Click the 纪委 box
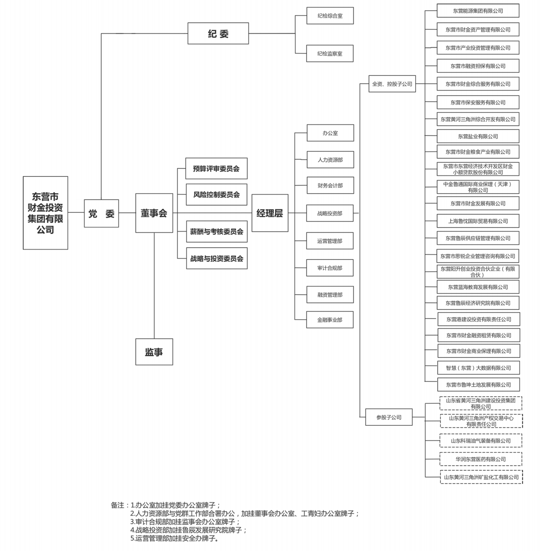[218, 33]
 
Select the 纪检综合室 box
[330, 16]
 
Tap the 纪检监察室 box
[330, 53]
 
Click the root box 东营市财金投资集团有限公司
[45, 213]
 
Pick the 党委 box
[101, 213]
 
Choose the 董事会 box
[154, 213]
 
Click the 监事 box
[154, 352]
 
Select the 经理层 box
[269, 213]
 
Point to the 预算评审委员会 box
[216, 168]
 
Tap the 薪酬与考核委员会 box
[217, 232]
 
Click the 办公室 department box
[330, 133]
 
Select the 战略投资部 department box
[330, 213]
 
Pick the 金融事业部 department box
[330, 320]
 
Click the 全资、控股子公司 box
[392, 84]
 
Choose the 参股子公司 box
[389, 417]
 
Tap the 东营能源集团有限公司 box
[478, 11]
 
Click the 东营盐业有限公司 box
[478, 136]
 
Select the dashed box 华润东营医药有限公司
[481, 459]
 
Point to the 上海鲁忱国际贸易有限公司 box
[478, 221]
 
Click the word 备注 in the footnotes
[117, 505]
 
